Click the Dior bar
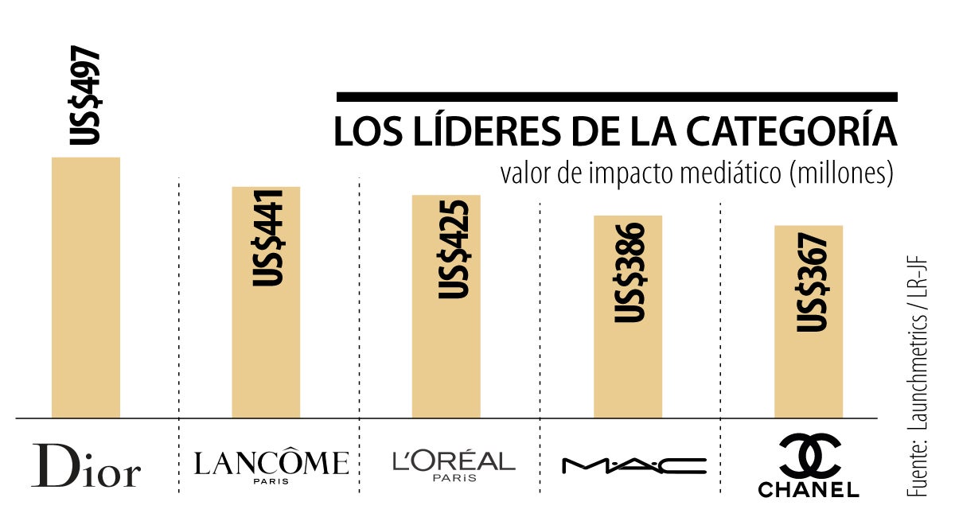pos(86,286)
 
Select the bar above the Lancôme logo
pos(266,350)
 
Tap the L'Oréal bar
pos(446,358)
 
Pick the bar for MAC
pos(627,366)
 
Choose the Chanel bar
pos(809,374)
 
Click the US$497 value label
pos(84,96)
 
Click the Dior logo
pos(86,465)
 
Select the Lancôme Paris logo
pos(271,465)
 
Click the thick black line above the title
pos(617,97)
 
